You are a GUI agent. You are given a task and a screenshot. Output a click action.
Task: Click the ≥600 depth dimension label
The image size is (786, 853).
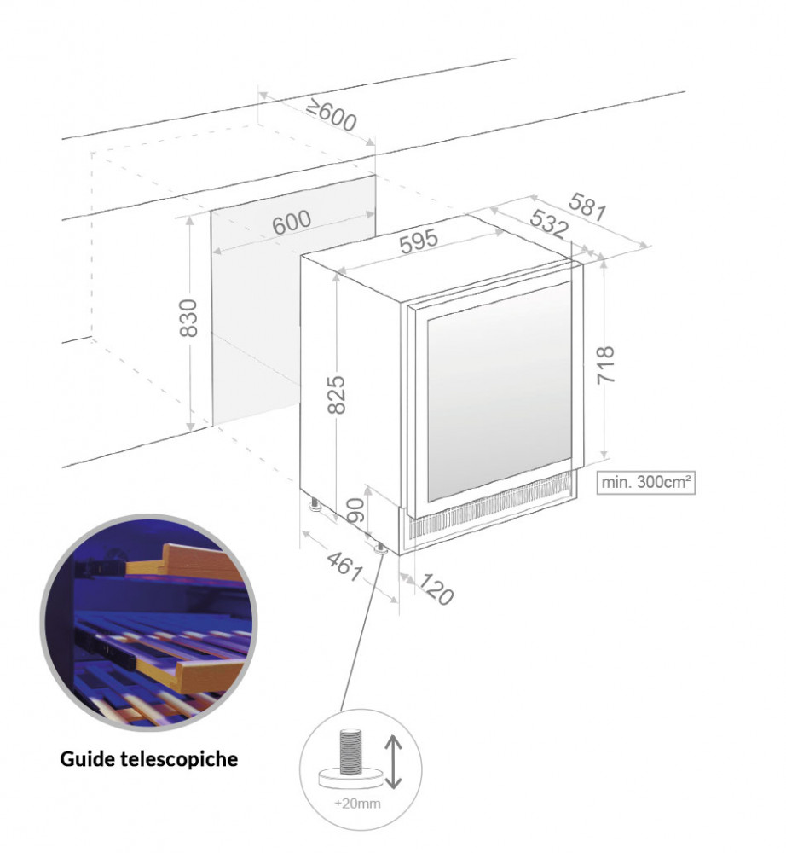[x=331, y=116]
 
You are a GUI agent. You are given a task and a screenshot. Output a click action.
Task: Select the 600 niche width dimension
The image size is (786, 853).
[x=292, y=223]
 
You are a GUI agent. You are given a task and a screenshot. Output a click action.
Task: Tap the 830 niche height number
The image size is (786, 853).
[x=188, y=317]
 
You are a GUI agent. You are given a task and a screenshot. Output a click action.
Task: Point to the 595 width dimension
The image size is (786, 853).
[x=419, y=241]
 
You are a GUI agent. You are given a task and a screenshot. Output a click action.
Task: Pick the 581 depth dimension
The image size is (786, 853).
[x=587, y=207]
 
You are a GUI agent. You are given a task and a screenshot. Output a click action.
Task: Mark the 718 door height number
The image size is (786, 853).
[x=605, y=365]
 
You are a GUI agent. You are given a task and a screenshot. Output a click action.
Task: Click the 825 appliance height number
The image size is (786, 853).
[x=337, y=394]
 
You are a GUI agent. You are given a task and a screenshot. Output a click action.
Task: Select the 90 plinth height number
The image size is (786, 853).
[x=356, y=510]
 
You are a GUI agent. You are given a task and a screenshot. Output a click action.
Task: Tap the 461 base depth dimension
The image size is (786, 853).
[x=344, y=566]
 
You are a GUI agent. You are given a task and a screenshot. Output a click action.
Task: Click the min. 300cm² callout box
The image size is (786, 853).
[x=645, y=482]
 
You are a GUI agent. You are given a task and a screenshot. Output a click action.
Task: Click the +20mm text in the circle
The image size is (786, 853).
[x=358, y=803]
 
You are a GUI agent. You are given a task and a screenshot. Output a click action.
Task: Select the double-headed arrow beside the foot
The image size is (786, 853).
[x=393, y=762]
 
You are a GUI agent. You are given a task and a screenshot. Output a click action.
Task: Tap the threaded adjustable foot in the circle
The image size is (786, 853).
[x=350, y=759]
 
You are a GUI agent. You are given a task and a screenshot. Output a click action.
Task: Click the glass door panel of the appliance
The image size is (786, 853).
[x=499, y=392]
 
